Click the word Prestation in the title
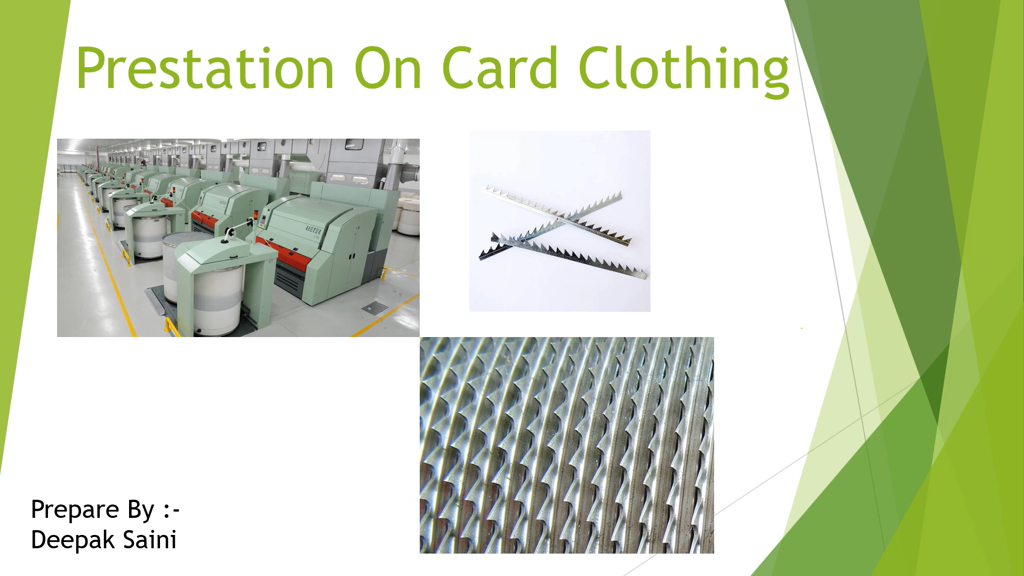(x=205, y=68)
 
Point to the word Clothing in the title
(x=684, y=71)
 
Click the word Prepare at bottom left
(x=75, y=510)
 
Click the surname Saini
(x=150, y=539)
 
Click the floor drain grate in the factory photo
(x=375, y=308)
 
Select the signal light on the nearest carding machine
(x=255, y=215)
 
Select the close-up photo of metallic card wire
(x=567, y=445)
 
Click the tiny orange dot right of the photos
(x=801, y=329)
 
